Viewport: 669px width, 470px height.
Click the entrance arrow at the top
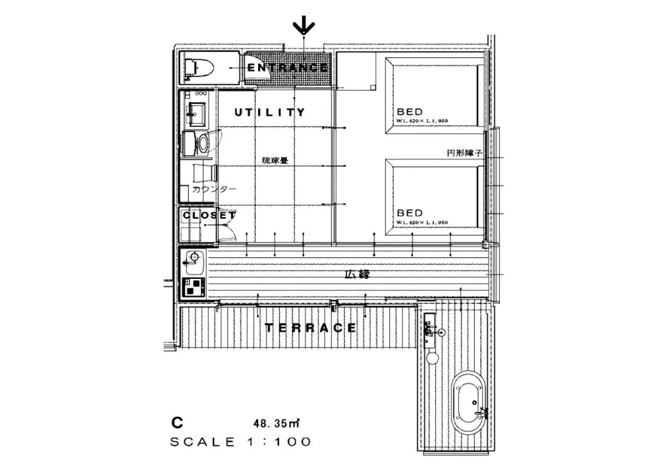coord(304,26)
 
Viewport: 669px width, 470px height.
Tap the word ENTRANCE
coord(287,68)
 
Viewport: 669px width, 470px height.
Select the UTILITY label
coord(270,112)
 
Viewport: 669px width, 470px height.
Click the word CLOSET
coord(209,215)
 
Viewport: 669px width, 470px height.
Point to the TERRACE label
coord(310,328)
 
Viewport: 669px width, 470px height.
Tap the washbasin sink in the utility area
coord(197,112)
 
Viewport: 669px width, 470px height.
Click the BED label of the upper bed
coord(410,112)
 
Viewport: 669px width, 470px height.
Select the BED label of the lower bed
coord(410,213)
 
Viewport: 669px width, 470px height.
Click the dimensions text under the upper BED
coord(422,121)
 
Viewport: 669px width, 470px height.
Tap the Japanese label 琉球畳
coord(275,161)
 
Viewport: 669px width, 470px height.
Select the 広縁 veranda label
coord(357,274)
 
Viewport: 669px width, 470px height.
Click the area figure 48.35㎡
coord(276,421)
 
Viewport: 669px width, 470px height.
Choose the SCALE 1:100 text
coord(241,442)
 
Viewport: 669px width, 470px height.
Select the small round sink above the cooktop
coord(194,257)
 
